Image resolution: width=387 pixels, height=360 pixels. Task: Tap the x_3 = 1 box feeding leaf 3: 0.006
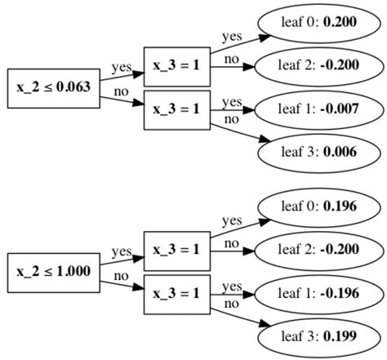(177, 109)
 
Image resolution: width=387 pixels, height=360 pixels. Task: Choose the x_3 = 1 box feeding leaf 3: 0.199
(177, 294)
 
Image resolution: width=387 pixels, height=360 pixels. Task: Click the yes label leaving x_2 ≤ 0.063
(122, 68)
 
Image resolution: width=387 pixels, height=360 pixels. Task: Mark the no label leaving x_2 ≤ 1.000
(121, 275)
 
